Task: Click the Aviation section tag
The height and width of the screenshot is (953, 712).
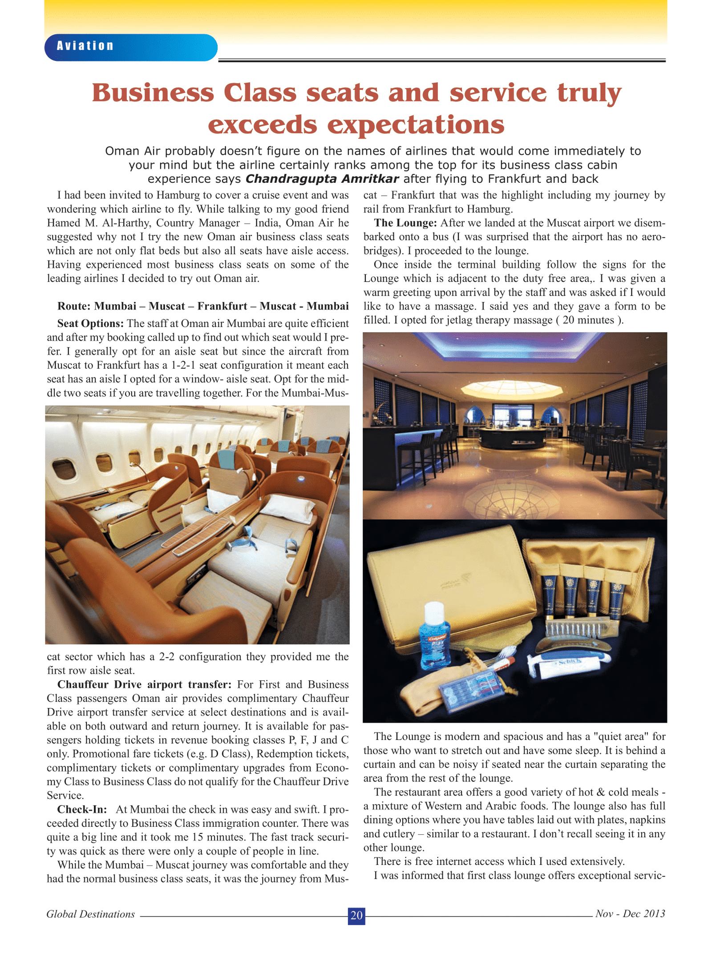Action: (x=85, y=46)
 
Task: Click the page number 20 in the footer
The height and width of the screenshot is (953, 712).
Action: (x=356, y=915)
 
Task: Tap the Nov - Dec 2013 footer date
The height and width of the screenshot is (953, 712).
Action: (x=630, y=914)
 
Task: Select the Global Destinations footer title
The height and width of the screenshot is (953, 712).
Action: (x=91, y=914)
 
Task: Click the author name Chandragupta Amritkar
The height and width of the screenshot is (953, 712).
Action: (x=322, y=179)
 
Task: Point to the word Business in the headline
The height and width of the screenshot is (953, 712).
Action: (x=153, y=93)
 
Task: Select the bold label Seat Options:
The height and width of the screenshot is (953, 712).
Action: (x=91, y=323)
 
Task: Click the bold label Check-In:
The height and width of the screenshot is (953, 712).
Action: (x=82, y=809)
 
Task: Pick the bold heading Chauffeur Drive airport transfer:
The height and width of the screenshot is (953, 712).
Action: (x=144, y=684)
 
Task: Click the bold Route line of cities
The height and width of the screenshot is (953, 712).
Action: (x=203, y=306)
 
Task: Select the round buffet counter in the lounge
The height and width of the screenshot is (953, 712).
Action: (x=514, y=438)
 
